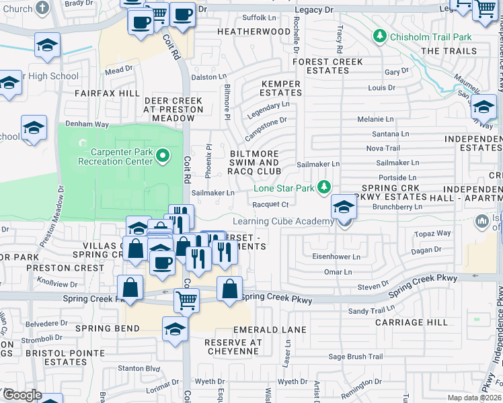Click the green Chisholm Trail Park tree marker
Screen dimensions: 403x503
pyautogui.click(x=380, y=36)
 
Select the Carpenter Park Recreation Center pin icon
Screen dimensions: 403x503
pyautogui.click(x=163, y=156)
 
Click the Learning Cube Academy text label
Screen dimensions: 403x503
pyautogui.click(x=282, y=222)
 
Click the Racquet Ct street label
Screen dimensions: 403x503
pyautogui.click(x=274, y=205)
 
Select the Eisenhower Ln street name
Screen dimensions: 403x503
pyautogui.click(x=336, y=257)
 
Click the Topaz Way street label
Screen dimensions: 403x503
pyautogui.click(x=433, y=234)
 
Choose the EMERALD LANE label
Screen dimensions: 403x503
pyautogui.click(x=270, y=330)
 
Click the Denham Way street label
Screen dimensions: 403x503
pyautogui.click(x=87, y=125)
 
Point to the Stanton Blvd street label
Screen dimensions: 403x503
pyautogui.click(x=140, y=368)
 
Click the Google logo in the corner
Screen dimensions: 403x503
pyautogui.click(x=22, y=395)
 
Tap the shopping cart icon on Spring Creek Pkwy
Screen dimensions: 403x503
pyautogui.click(x=186, y=300)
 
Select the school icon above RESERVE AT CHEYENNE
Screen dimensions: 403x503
pyautogui.click(x=175, y=329)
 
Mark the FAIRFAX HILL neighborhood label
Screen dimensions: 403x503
pyautogui.click(x=107, y=93)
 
